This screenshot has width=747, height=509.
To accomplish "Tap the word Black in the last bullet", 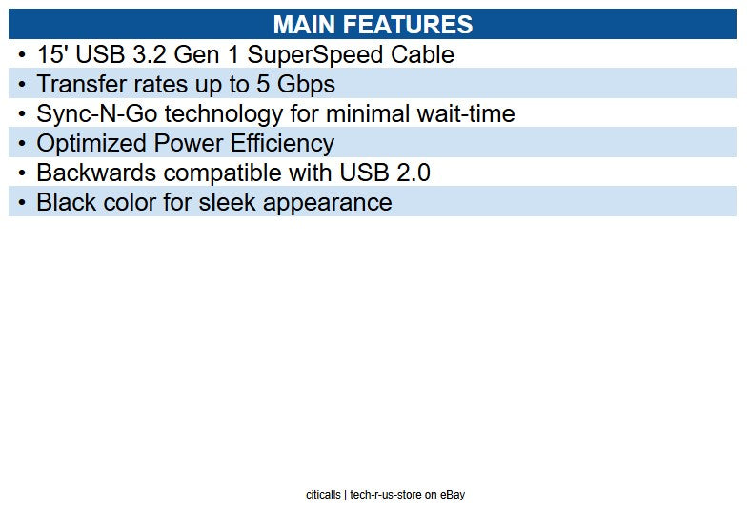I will click(66, 202).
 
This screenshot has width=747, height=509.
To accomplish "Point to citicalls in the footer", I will click(323, 495).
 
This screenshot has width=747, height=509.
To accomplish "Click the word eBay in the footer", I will click(452, 495).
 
